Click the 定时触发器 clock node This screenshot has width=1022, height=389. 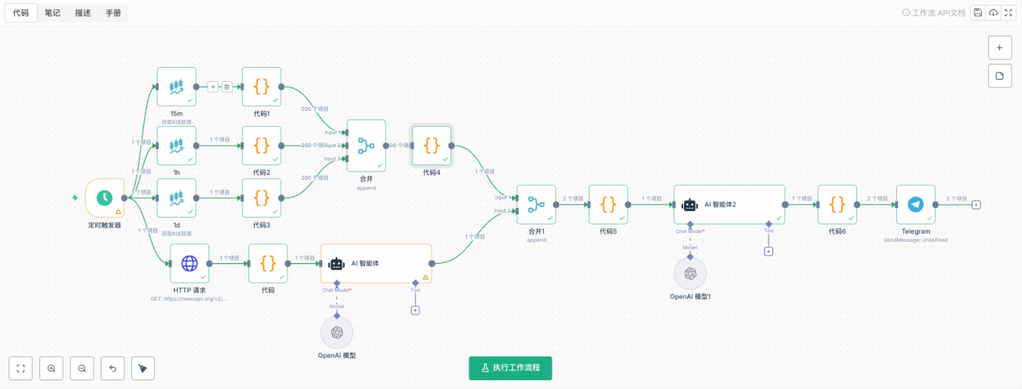104,198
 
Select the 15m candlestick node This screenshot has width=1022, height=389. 176,87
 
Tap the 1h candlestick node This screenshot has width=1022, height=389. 176,145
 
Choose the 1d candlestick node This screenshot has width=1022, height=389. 176,198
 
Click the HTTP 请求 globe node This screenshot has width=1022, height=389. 190,263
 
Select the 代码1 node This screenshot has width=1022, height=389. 262,87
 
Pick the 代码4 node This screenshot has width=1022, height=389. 432,145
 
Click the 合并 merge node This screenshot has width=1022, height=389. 366,145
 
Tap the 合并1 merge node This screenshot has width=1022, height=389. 536,204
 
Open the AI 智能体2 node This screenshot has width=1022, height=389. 729,204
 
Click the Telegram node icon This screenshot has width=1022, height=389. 915,204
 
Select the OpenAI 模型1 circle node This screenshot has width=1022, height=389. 690,273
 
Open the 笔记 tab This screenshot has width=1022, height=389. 53,13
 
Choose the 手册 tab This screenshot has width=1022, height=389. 113,13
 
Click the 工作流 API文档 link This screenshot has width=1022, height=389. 938,13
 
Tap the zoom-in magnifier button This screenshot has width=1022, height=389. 51,368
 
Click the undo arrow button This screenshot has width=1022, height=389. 112,368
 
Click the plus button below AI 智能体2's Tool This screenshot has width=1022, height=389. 768,251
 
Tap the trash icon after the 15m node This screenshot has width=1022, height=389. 226,87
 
